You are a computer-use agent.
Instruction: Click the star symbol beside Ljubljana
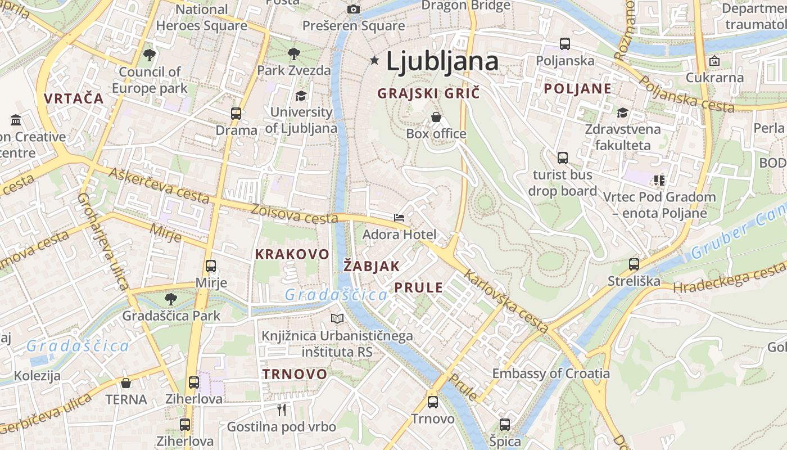coord(374,60)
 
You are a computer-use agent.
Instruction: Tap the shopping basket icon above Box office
coord(436,117)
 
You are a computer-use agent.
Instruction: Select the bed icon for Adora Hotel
coord(399,217)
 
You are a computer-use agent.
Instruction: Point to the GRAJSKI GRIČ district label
coord(428,93)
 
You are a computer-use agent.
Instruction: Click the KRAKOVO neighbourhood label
coord(292,254)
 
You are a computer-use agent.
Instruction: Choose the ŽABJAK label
coord(371,267)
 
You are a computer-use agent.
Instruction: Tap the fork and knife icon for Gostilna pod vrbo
coord(282,409)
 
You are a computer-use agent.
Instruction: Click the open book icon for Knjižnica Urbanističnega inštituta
coord(337,319)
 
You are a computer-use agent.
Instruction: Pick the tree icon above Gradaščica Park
coord(171,299)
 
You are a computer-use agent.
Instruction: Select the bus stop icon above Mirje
coord(211,266)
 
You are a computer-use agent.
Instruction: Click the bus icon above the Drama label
coord(236,114)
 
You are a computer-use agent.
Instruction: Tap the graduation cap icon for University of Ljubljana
coord(301,96)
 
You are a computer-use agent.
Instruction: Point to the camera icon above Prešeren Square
coord(354,9)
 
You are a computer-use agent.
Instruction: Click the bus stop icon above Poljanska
coord(565,43)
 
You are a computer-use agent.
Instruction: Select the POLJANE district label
coord(577,89)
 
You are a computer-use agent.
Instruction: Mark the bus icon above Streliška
coord(634,264)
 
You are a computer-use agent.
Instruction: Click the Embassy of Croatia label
coord(551,373)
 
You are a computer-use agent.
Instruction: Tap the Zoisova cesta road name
coord(295,214)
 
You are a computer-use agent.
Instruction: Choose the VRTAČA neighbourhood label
coord(74,98)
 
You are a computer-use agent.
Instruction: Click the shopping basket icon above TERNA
coord(126,383)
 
